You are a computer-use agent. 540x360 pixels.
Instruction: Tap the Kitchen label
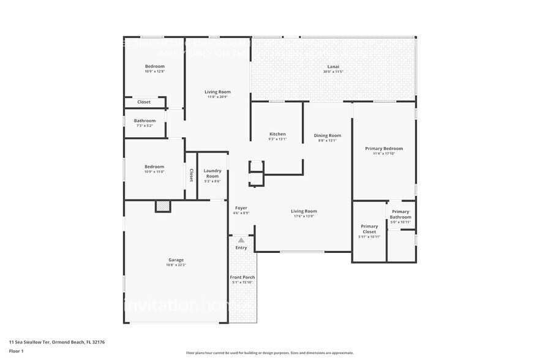pyautogui.click(x=277, y=134)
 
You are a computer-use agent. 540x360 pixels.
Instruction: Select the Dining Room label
pyautogui.click(x=327, y=135)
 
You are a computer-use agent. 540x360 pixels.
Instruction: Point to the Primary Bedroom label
pyautogui.click(x=384, y=148)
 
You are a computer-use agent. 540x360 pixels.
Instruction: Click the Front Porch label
pyautogui.click(x=242, y=277)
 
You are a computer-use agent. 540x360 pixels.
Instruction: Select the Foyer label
pyautogui.click(x=241, y=208)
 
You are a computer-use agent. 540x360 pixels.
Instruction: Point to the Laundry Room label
pyautogui.click(x=212, y=173)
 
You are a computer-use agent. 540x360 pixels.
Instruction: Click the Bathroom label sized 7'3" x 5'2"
pyautogui.click(x=144, y=121)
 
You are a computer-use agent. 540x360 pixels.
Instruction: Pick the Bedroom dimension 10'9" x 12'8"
pyautogui.click(x=154, y=72)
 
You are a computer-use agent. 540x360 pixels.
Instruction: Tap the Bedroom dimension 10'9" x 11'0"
pyautogui.click(x=154, y=172)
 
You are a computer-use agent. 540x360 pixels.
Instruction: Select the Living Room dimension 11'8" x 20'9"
pyautogui.click(x=217, y=97)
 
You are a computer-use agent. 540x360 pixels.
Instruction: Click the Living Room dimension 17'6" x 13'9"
pyautogui.click(x=304, y=217)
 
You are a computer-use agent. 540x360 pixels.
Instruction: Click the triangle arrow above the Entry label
pyautogui.click(x=241, y=241)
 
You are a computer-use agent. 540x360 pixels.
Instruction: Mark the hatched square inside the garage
pyautogui.click(x=163, y=207)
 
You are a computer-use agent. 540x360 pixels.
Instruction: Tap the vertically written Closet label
pyautogui.click(x=191, y=176)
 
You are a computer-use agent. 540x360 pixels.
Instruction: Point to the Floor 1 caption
pyautogui.click(x=16, y=351)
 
